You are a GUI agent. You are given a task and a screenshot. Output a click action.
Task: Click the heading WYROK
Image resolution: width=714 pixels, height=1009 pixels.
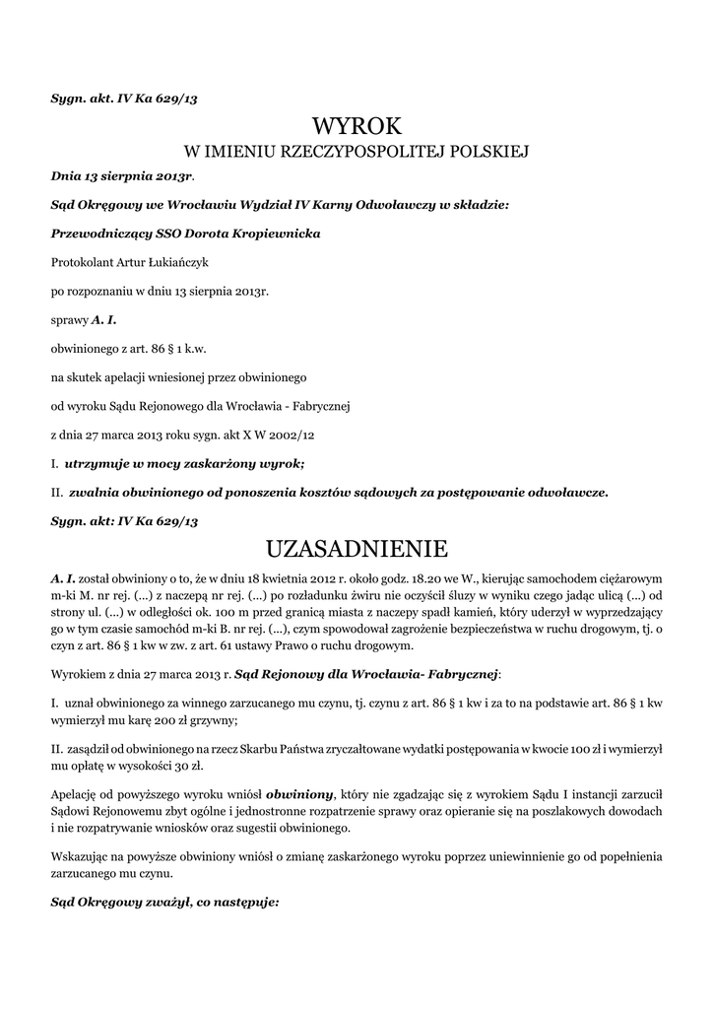[x=357, y=125]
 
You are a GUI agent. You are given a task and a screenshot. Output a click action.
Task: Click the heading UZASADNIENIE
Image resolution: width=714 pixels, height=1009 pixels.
[x=357, y=548]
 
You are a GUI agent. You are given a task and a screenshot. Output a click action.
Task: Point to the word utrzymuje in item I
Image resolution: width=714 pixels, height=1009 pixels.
[x=99, y=462]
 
